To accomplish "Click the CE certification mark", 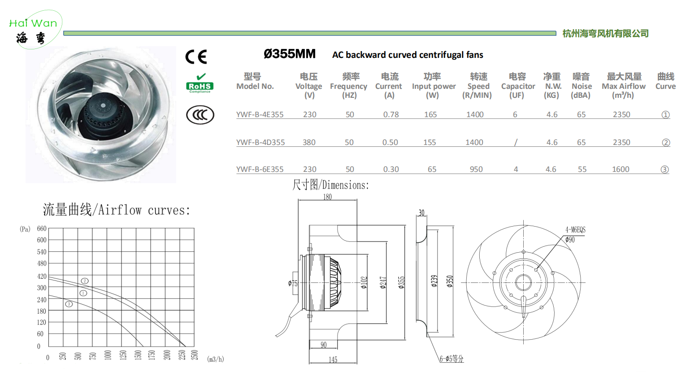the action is tap(196, 57).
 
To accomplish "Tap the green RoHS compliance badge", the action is tap(200, 83).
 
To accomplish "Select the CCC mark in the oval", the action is tap(200, 115).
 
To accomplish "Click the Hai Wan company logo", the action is tap(34, 30).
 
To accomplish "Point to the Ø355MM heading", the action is tap(289, 54).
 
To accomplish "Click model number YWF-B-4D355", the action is tap(261, 142).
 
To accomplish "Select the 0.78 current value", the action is tap(391, 114).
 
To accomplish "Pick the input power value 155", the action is tap(430, 142).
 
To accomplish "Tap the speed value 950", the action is tap(476, 169).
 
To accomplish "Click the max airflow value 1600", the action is tap(621, 169).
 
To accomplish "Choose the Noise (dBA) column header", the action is tap(581, 86).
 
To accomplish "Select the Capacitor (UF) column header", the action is tap(518, 86).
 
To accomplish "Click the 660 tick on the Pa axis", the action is tap(42, 228).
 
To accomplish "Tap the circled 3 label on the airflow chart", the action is tap(69, 304).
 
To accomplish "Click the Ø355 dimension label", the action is tap(401, 283).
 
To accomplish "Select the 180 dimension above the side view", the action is tap(327, 197).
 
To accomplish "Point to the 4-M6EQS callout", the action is tap(575, 230).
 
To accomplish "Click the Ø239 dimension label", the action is tap(434, 281).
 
